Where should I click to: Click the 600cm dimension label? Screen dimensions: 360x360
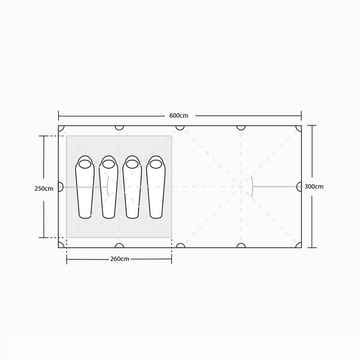179,116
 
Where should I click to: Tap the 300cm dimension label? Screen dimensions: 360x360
314,186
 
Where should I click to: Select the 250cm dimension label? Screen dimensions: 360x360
44,189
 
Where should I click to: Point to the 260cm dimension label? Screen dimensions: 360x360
120,259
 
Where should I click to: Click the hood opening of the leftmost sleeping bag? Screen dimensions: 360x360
85,164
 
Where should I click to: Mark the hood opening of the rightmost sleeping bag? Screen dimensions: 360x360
156,164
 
